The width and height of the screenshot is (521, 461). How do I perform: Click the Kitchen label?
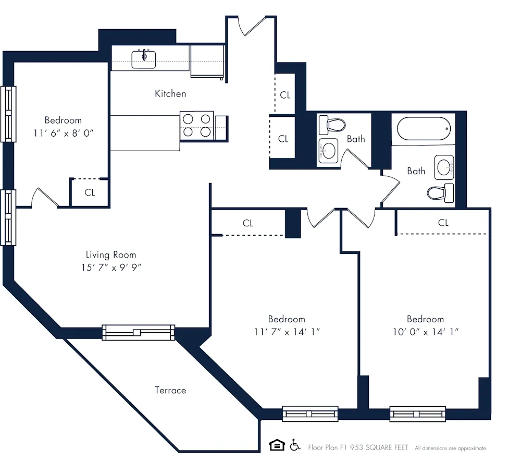[170, 94]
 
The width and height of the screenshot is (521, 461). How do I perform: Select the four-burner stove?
[197, 126]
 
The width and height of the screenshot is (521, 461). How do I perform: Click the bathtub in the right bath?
[423, 128]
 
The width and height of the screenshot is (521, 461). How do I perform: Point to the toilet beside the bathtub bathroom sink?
[440, 193]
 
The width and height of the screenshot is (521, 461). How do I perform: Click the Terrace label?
[170, 390]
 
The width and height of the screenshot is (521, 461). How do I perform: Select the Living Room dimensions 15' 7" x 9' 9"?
[111, 267]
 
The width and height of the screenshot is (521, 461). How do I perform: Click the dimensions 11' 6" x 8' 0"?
[63, 133]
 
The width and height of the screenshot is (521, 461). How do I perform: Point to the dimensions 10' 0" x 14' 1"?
[425, 332]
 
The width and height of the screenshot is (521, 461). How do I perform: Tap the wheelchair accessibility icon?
[295, 445]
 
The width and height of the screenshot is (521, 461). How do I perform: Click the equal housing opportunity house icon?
[277, 445]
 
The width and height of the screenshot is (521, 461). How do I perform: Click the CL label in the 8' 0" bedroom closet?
[90, 192]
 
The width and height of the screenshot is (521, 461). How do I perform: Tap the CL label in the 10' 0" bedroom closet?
[443, 223]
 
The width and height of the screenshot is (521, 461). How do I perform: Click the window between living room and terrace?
[138, 332]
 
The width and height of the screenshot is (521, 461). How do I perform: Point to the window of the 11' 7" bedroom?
[310, 414]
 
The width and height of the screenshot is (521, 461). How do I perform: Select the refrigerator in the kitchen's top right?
[207, 61]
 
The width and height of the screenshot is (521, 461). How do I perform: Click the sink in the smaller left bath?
[328, 151]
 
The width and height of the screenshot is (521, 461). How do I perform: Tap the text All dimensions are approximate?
[451, 448]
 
